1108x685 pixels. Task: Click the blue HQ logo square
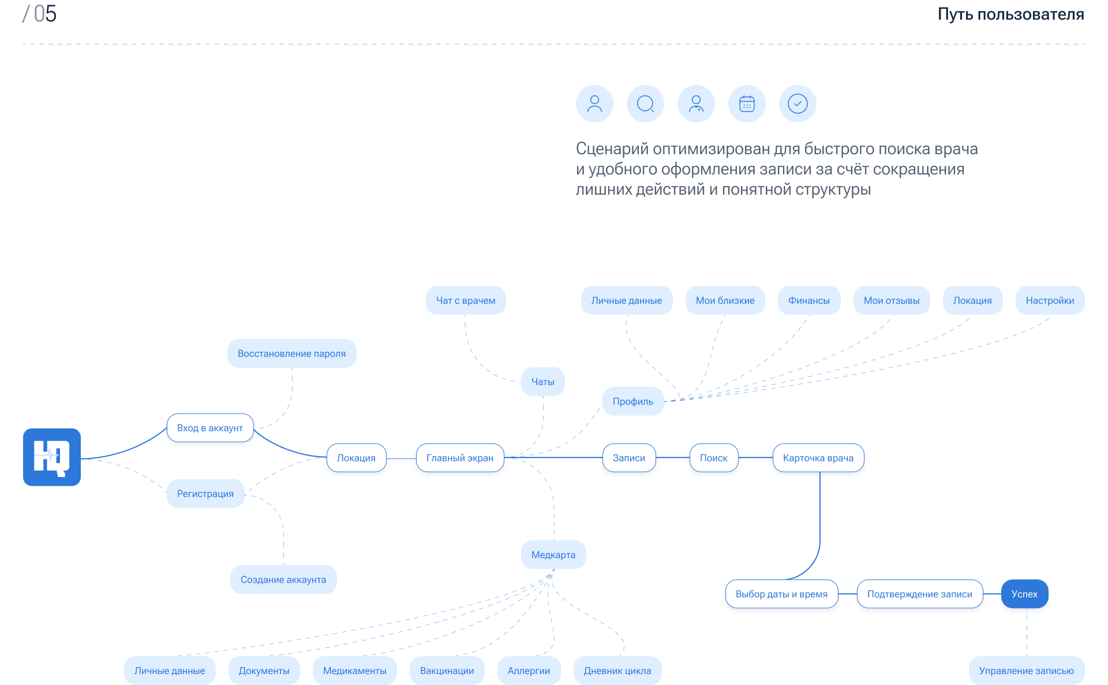click(52, 457)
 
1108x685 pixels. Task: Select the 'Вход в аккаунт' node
click(210, 428)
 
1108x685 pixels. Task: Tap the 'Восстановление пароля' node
click(292, 353)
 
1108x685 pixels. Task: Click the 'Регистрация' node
click(205, 494)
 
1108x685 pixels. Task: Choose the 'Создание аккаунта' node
click(283, 579)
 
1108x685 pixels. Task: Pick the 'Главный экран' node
click(460, 458)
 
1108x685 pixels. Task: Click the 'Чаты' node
click(543, 382)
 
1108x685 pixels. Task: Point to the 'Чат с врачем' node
click(466, 300)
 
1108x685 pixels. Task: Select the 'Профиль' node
click(633, 401)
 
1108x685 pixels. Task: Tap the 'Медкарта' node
click(553, 555)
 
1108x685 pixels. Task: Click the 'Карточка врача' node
click(818, 458)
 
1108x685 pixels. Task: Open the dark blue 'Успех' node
click(1025, 594)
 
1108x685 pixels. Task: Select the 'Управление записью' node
click(1027, 671)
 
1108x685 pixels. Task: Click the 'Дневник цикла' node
click(617, 671)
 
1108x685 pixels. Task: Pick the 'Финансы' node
click(809, 300)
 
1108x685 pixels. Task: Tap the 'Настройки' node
click(1050, 300)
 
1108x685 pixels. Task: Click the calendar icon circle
click(747, 104)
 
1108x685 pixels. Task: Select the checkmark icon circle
click(798, 104)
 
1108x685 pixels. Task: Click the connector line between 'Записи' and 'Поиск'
click(673, 457)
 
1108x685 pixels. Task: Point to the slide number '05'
click(45, 14)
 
